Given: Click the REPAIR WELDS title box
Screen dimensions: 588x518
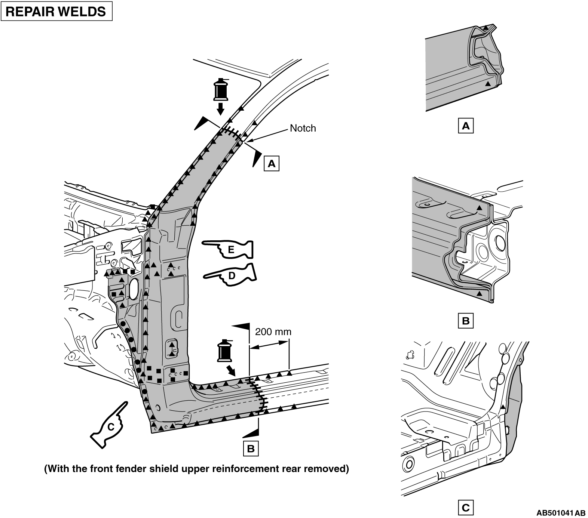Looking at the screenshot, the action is coord(56,12).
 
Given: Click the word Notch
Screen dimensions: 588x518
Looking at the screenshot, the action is coord(303,128).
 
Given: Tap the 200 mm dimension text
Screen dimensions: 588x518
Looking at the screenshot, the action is coord(273,332).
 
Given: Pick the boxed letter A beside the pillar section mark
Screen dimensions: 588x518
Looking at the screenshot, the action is coord(272,163).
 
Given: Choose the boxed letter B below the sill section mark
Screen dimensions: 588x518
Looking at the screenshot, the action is coord(251,448).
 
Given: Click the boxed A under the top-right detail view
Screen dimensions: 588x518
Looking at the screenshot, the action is coord(466,126).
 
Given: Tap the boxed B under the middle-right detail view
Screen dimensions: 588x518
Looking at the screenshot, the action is coord(466,321).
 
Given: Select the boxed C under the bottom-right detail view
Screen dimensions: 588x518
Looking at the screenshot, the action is coord(466,508).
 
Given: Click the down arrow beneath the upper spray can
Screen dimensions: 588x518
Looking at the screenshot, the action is coord(220,109).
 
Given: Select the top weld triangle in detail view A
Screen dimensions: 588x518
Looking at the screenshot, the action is coord(486,28).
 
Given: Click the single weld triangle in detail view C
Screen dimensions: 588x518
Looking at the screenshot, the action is coord(503,407).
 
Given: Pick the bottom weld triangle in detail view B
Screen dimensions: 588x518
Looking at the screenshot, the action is coord(479,295).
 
